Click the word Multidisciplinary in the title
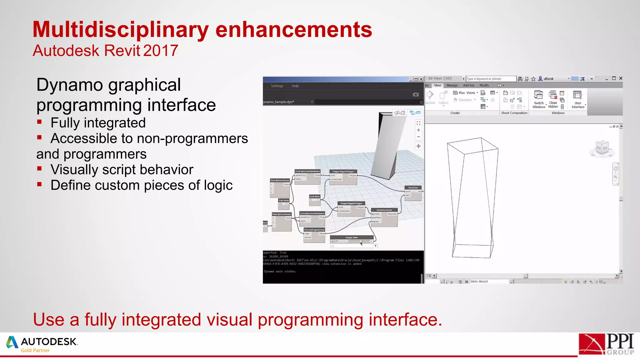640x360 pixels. [120, 30]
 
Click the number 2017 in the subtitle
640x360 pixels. [161, 51]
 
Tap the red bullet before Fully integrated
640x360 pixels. [39, 122]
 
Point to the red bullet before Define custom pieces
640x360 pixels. [39, 184]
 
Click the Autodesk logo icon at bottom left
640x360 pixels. [12, 342]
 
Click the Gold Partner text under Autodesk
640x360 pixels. [35, 351]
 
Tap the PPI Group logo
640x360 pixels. [606, 344]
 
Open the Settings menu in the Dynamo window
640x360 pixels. [277, 86]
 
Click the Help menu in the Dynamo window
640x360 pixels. [295, 86]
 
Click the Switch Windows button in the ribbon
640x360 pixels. [539, 99]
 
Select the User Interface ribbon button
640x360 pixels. [578, 99]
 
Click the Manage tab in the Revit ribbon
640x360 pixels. [452, 85]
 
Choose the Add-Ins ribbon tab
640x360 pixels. [468, 85]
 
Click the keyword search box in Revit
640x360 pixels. [491, 79]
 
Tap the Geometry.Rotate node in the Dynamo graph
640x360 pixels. [384, 210]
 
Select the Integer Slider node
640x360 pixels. [352, 237]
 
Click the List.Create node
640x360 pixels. [413, 188]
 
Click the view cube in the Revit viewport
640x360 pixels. [602, 147]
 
